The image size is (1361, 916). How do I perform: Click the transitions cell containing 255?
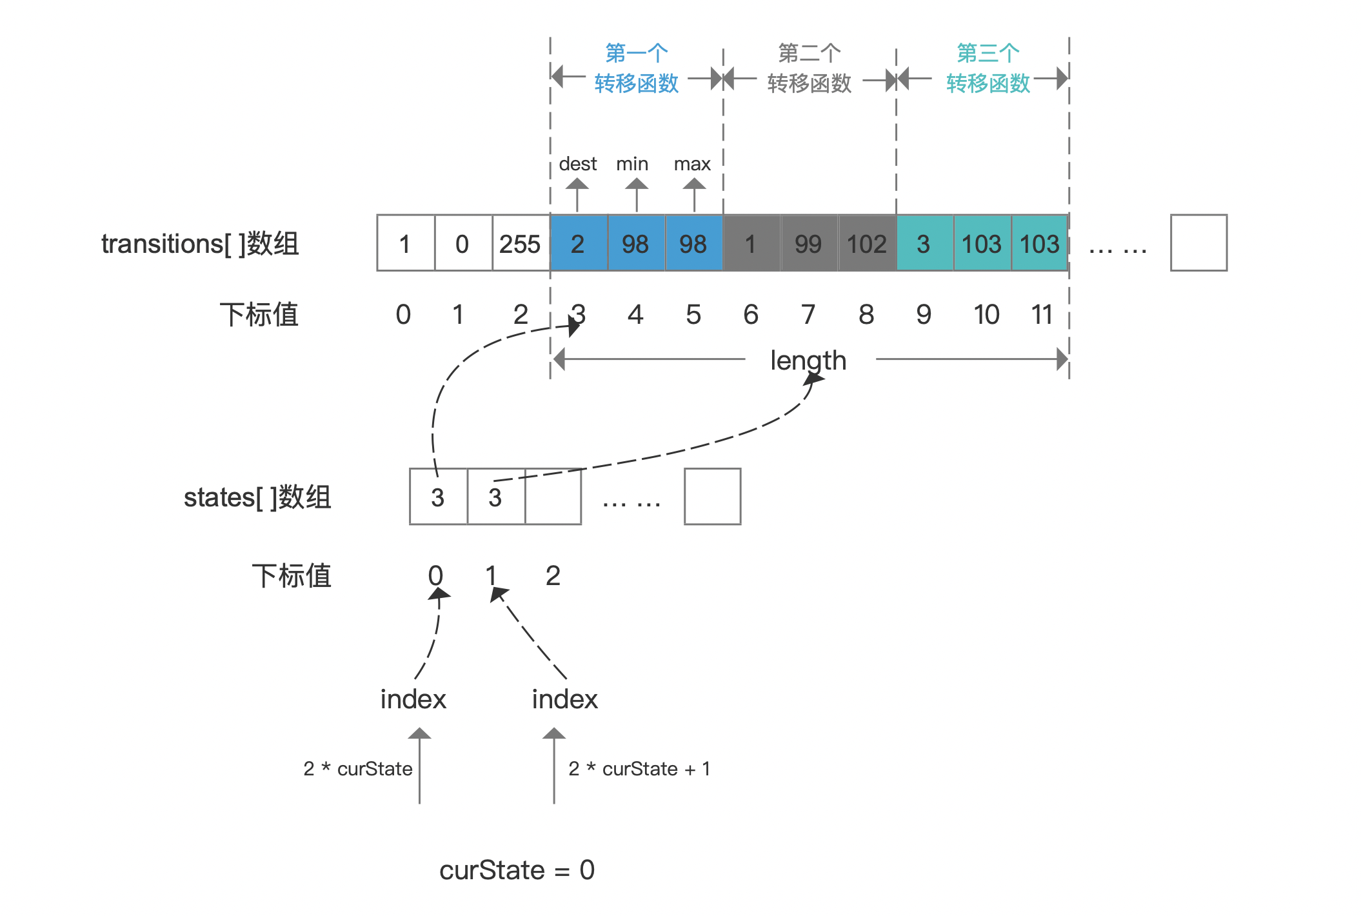pyautogui.click(x=521, y=243)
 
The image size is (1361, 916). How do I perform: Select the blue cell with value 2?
pyautogui.click(x=579, y=243)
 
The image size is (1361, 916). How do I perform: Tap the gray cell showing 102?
pyautogui.click(x=868, y=243)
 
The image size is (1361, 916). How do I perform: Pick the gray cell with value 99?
pyautogui.click(x=810, y=243)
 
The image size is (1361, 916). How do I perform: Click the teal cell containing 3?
pyautogui.click(x=925, y=243)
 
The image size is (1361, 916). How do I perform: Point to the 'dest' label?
pyautogui.click(x=578, y=164)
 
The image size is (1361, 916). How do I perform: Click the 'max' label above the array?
pyautogui.click(x=692, y=164)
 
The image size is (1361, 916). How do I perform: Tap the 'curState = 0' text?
pyautogui.click(x=517, y=870)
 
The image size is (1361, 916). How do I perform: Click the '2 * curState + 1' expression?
pyautogui.click(x=639, y=769)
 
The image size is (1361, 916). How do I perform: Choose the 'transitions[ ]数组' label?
pyautogui.click(x=200, y=244)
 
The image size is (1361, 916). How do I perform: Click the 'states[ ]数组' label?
pyautogui.click(x=257, y=497)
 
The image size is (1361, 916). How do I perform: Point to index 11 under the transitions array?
pyautogui.click(x=1042, y=315)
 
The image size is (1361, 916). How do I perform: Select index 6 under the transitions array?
pyautogui.click(x=751, y=315)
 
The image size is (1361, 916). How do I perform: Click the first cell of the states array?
pyautogui.click(x=439, y=497)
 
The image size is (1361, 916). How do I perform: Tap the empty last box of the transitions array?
pyautogui.click(x=1199, y=243)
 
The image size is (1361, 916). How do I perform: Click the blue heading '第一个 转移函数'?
pyautogui.click(x=637, y=68)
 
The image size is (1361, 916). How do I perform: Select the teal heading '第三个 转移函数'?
pyautogui.click(x=988, y=68)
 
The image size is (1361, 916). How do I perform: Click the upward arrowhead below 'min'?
pyautogui.click(x=637, y=184)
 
